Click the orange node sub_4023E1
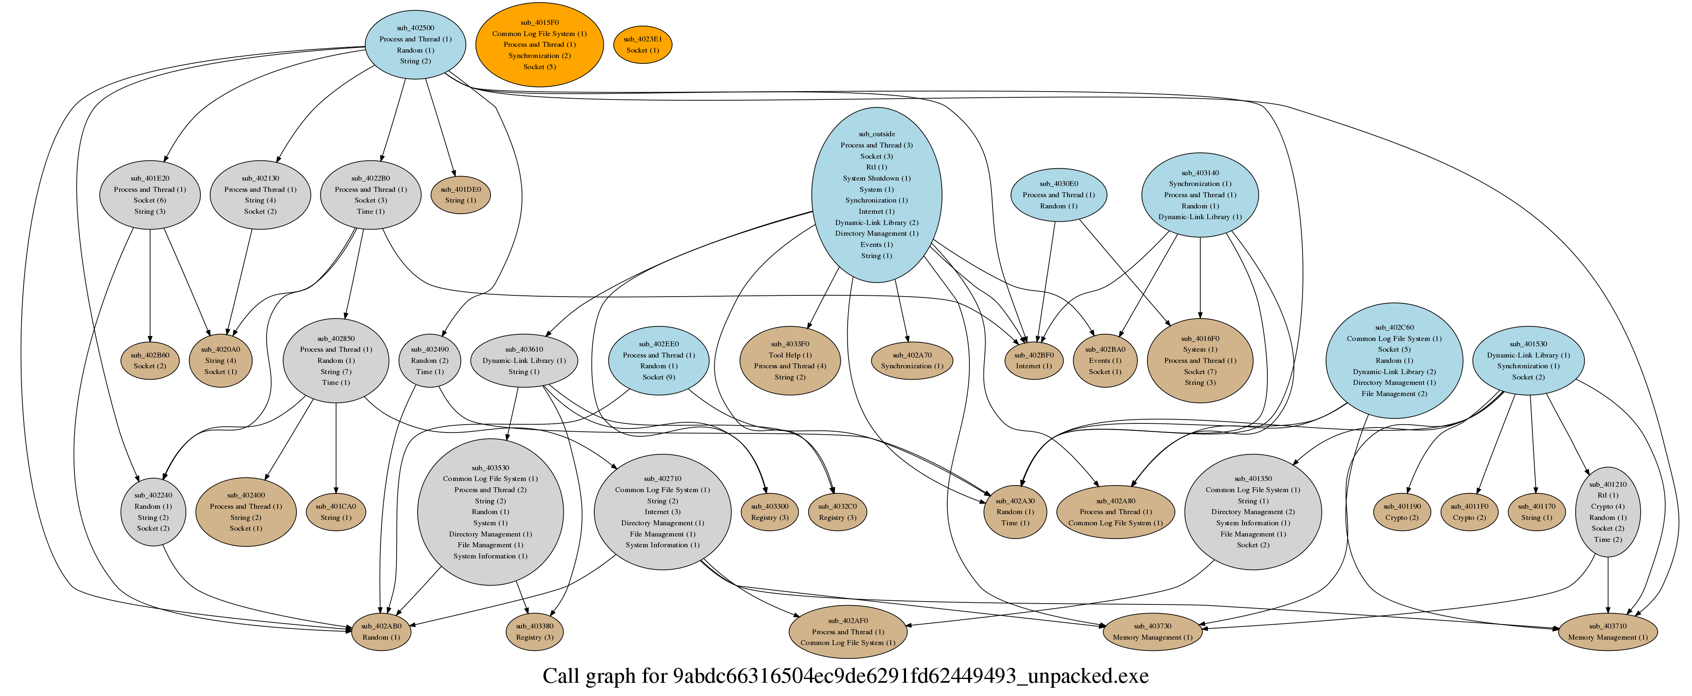click(x=642, y=45)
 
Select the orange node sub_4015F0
click(x=539, y=45)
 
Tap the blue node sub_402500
click(x=415, y=45)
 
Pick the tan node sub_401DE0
click(x=460, y=195)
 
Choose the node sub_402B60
click(x=150, y=361)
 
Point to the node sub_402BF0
click(x=1034, y=361)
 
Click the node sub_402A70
click(x=912, y=361)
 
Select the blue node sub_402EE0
click(x=658, y=361)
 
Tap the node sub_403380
click(x=535, y=632)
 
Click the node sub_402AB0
click(x=381, y=632)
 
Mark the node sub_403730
click(x=1152, y=632)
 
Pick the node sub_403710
click(x=1607, y=632)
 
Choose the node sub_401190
click(x=1402, y=512)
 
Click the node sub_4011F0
click(x=1469, y=512)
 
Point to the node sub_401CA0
click(x=336, y=512)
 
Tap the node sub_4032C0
click(x=837, y=512)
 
